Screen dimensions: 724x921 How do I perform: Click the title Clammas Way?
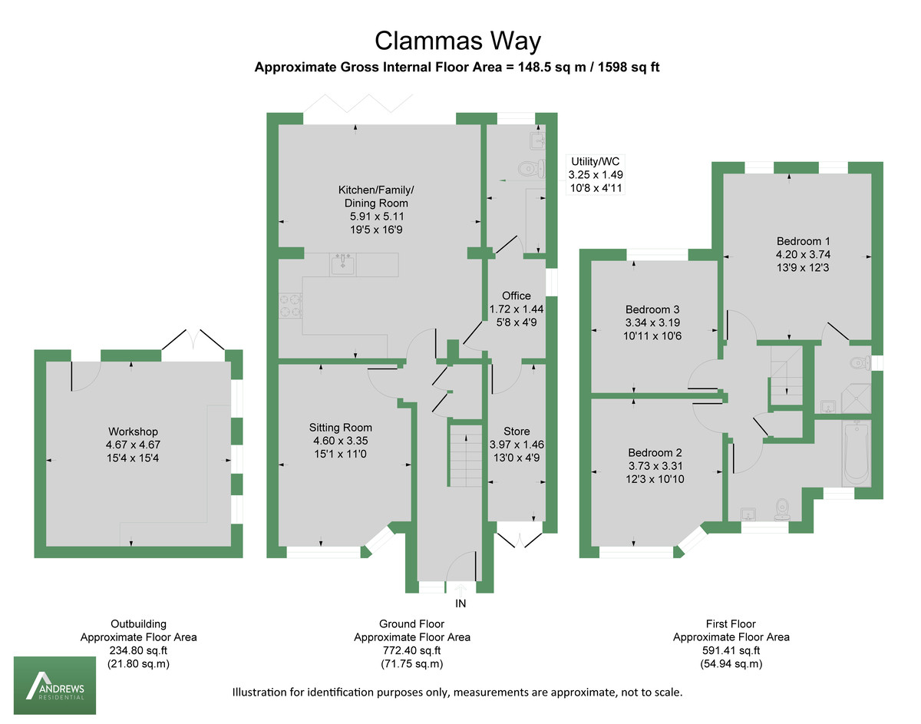(457, 40)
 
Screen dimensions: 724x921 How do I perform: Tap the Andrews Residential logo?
(54, 686)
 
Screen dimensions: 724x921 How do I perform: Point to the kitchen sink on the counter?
(342, 265)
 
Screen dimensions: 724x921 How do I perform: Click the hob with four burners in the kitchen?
(291, 305)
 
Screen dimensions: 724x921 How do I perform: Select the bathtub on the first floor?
(856, 453)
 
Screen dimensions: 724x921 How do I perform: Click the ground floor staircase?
(463, 458)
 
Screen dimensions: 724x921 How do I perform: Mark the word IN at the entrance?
(460, 603)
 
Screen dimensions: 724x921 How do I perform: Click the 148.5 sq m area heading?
(457, 68)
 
